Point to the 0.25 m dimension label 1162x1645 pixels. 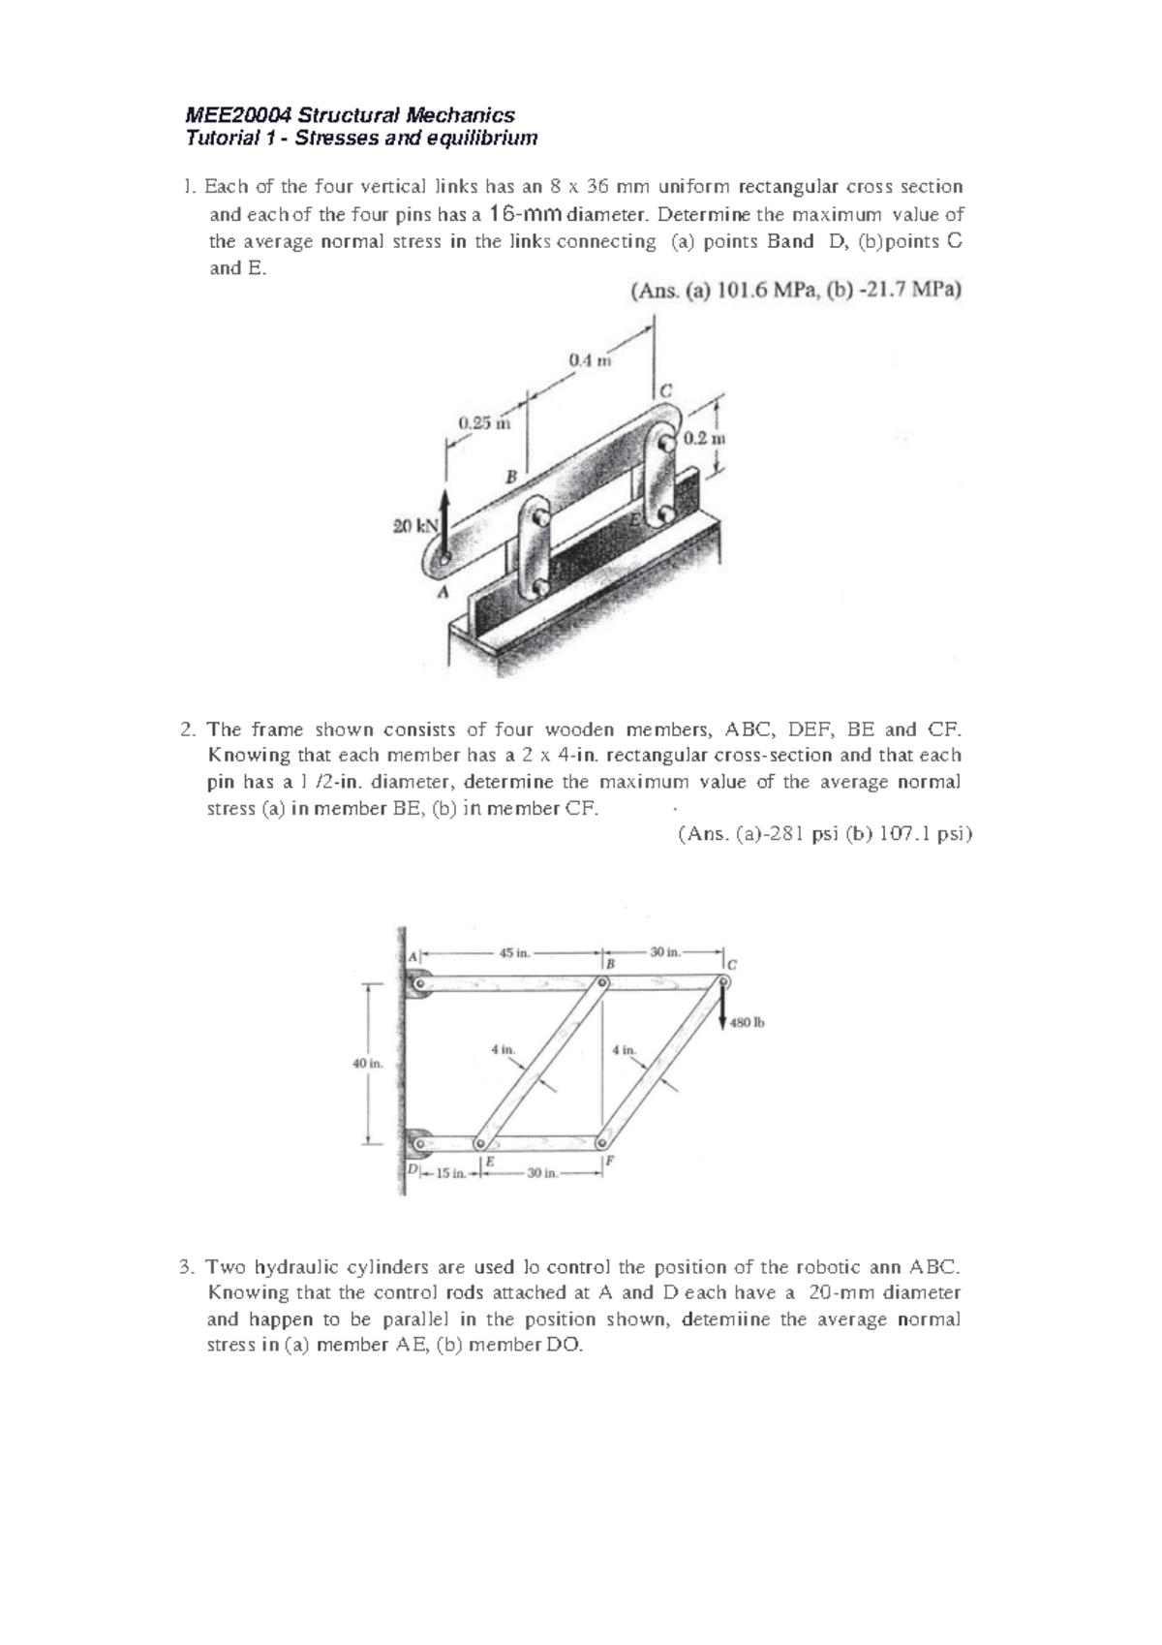pyautogui.click(x=477, y=422)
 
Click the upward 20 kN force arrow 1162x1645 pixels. pyautogui.click(x=445, y=523)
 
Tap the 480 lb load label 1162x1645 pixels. pyautogui.click(x=748, y=1021)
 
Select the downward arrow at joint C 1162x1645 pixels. pyautogui.click(x=723, y=1008)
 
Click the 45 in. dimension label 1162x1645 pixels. pyautogui.click(x=514, y=952)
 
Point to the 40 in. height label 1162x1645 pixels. pyautogui.click(x=367, y=1063)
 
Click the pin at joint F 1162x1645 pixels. pyautogui.click(x=601, y=1140)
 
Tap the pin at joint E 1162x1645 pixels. pyautogui.click(x=480, y=1140)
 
